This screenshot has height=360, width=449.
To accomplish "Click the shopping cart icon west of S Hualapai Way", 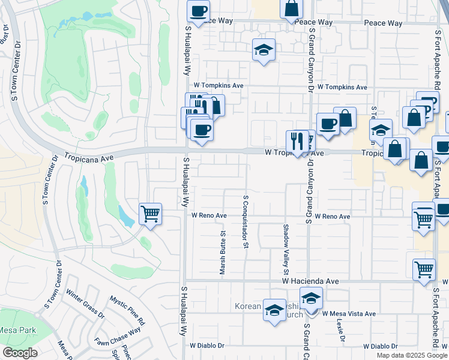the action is click(x=150, y=213).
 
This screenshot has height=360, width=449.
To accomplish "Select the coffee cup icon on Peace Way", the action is click(x=199, y=10).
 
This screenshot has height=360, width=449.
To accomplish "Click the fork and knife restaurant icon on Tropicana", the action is click(x=297, y=142).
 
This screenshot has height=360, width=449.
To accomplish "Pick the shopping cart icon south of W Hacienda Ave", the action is click(x=424, y=269).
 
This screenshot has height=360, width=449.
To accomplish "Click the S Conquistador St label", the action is click(x=246, y=221).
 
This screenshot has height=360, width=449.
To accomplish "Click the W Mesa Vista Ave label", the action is click(x=348, y=314).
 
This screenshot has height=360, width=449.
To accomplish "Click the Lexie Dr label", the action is click(x=341, y=330).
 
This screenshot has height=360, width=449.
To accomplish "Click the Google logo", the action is click(x=20, y=353).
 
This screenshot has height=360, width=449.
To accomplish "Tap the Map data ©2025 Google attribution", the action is click(x=412, y=355).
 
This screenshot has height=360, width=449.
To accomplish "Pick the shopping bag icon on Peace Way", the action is click(x=291, y=9).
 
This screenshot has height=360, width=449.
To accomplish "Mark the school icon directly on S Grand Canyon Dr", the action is click(x=311, y=298).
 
